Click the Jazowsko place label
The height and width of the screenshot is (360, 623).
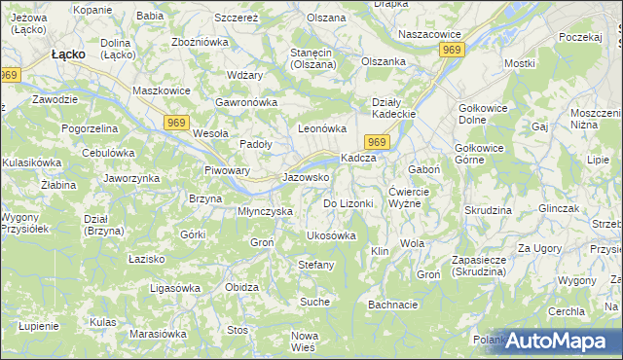(x=305, y=178)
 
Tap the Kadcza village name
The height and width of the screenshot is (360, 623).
(x=357, y=158)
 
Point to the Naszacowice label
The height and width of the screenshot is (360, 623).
(x=429, y=34)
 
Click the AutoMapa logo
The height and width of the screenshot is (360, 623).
(x=556, y=341)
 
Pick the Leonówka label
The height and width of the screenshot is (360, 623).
(x=322, y=128)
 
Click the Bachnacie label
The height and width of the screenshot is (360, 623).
(x=393, y=305)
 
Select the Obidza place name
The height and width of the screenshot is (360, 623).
(x=241, y=287)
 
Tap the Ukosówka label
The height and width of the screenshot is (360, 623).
(x=331, y=235)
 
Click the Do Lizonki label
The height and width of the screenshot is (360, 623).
(x=348, y=203)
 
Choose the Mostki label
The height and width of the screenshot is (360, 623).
(x=520, y=63)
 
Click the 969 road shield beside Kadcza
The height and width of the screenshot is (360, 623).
(x=380, y=143)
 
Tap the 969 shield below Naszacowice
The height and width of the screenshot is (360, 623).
(x=451, y=49)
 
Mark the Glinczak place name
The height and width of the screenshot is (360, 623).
(x=558, y=209)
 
